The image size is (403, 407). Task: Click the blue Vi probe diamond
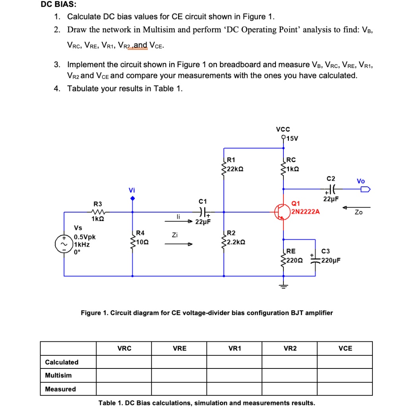[132, 198]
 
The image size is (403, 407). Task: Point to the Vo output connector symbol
[364, 189]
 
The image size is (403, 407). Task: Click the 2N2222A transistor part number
[305, 211]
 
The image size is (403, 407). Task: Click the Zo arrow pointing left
[358, 207]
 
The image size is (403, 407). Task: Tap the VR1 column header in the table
[234, 349]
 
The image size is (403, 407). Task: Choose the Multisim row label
[58, 375]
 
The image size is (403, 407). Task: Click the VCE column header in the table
[345, 349]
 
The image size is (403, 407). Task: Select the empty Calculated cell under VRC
[124, 362]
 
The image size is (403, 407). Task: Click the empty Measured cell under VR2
[290, 389]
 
